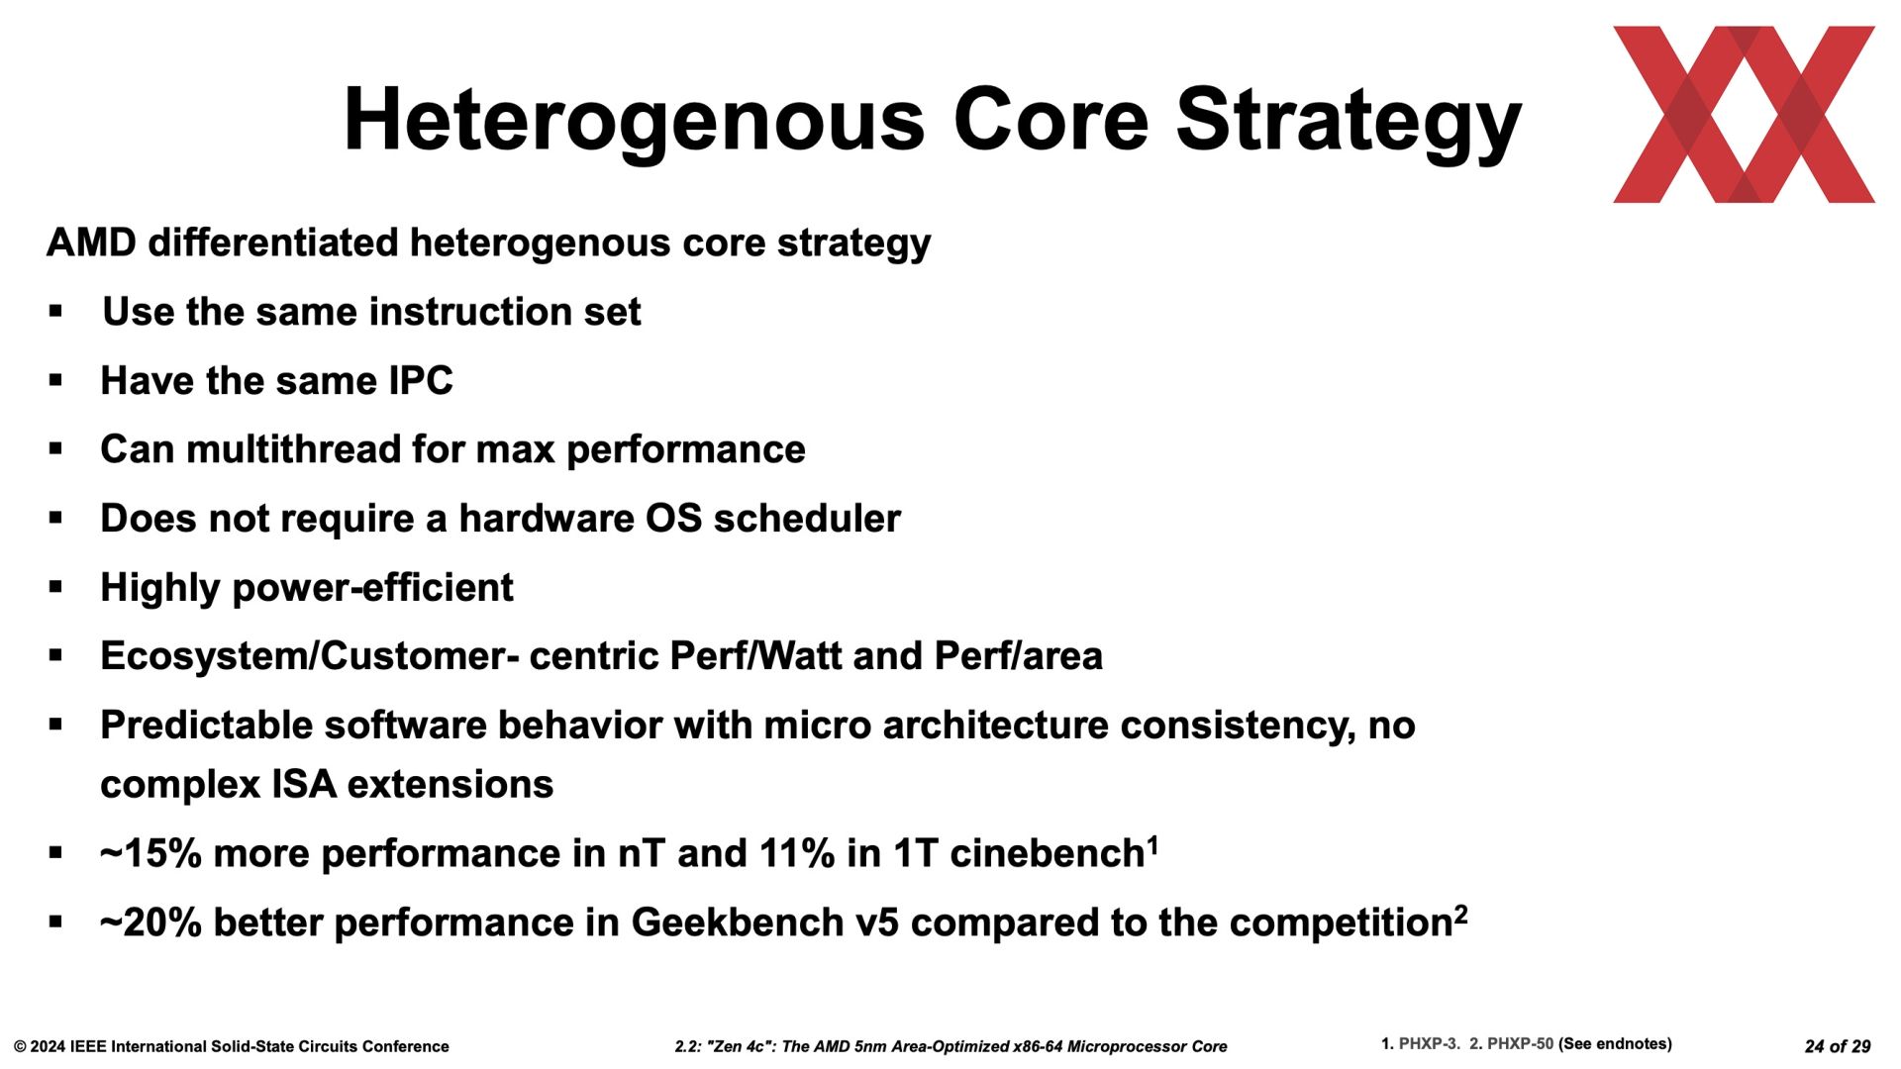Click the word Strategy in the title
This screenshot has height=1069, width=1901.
tap(1349, 123)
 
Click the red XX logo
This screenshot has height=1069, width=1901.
tap(1744, 115)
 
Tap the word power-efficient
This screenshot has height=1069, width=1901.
tap(372, 588)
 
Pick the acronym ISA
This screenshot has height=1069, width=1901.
tap(304, 785)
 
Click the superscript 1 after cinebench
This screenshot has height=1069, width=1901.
tap(1152, 844)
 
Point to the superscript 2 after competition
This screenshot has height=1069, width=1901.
tap(1460, 914)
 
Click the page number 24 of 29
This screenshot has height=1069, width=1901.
tap(1838, 1046)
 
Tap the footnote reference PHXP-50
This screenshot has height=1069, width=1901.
tap(1520, 1044)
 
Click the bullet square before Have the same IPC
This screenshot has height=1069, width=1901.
tap(55, 380)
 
